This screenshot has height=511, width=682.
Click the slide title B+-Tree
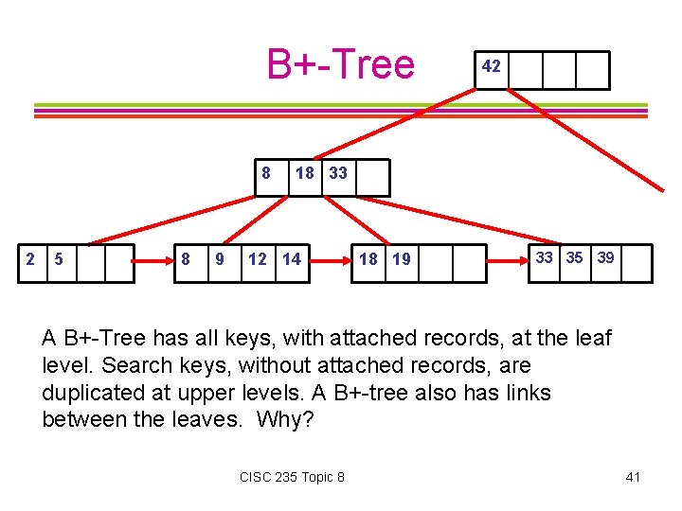[x=340, y=64]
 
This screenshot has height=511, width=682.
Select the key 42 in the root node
[x=491, y=67]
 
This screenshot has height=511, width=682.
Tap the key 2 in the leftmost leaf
[x=30, y=259]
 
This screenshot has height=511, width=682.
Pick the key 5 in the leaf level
[x=60, y=259]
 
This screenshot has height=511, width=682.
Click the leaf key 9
[x=220, y=259]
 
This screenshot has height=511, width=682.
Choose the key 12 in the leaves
[x=257, y=259]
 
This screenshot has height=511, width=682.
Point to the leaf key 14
[x=291, y=259]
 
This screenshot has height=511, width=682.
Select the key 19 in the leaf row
[x=402, y=259]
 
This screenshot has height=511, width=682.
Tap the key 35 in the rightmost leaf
[x=575, y=257]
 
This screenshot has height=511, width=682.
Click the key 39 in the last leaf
[x=605, y=257]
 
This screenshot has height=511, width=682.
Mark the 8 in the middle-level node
[x=267, y=173]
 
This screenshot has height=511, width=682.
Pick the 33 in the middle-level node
[x=338, y=173]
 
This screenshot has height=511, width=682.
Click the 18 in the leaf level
[x=368, y=259]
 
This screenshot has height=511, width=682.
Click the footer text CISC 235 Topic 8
[x=292, y=477]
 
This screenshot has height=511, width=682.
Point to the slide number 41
[x=633, y=477]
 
